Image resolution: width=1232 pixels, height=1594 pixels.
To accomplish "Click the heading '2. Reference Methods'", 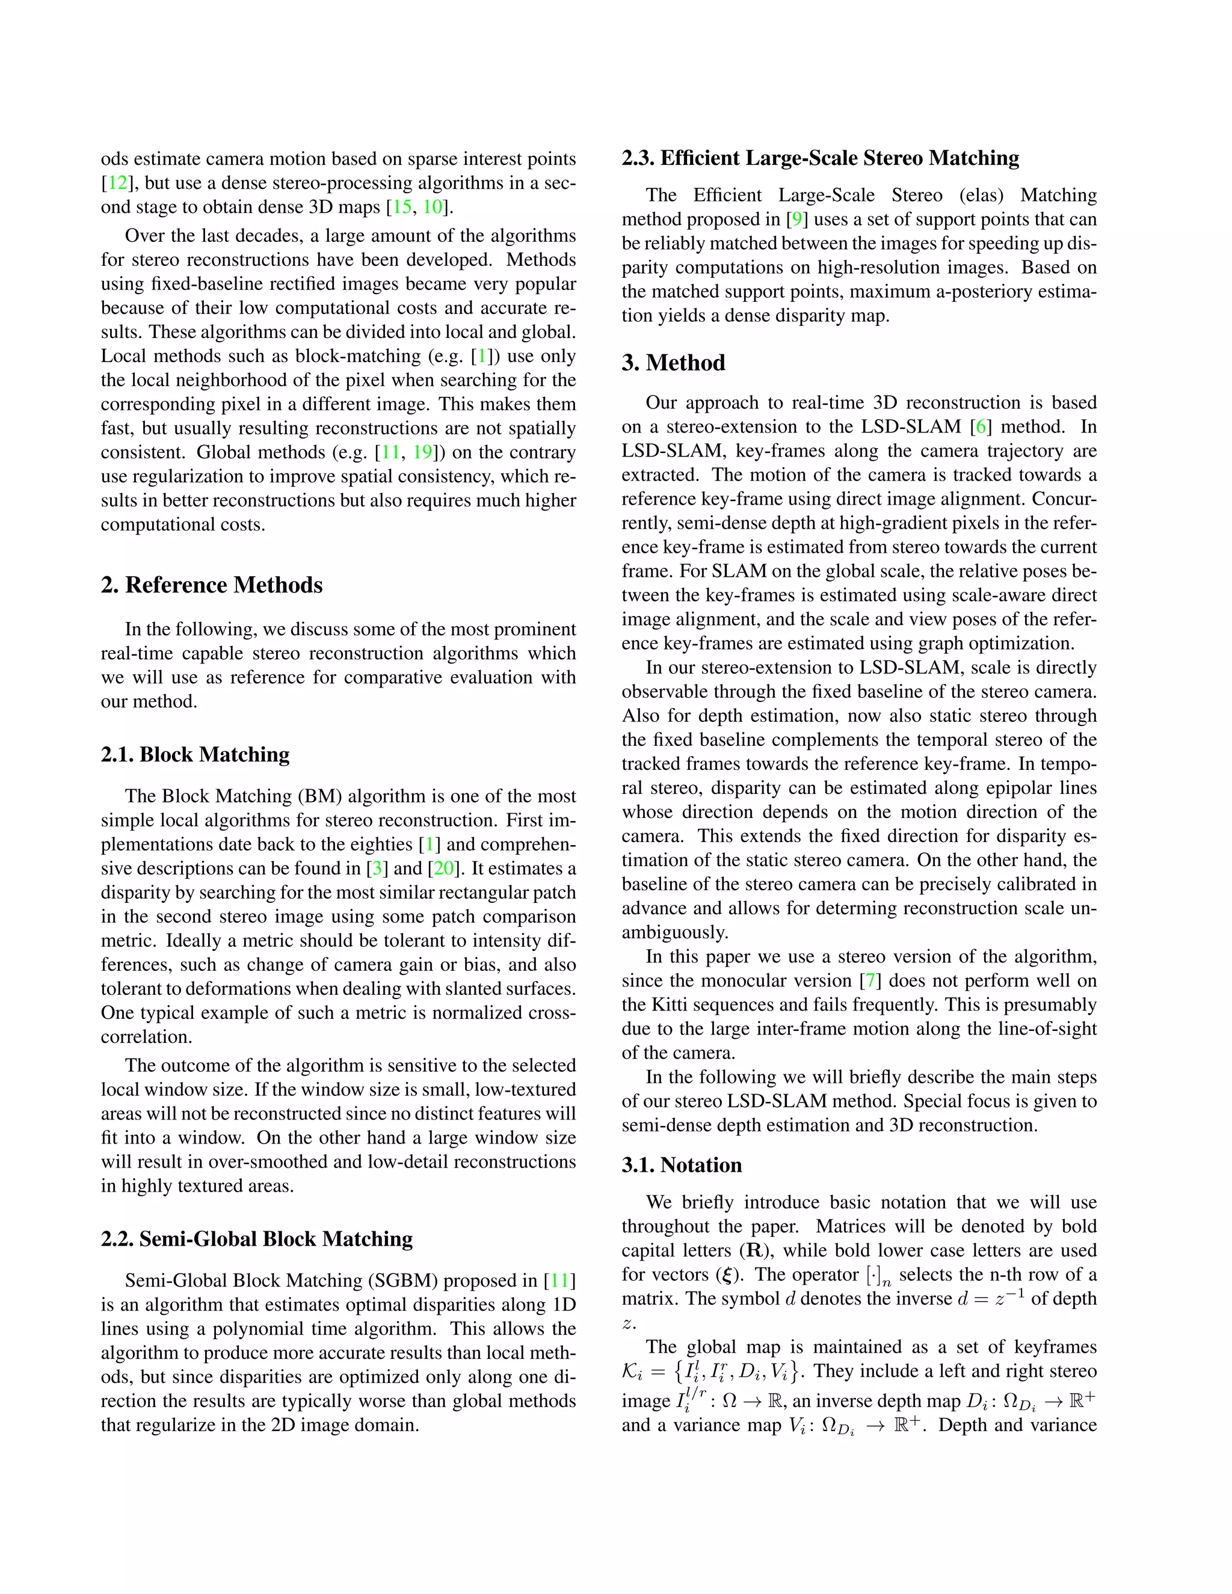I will tap(212, 585).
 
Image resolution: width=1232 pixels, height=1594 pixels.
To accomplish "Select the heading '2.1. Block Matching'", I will tap(195, 755).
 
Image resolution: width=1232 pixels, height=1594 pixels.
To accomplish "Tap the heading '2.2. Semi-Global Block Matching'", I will tap(257, 1239).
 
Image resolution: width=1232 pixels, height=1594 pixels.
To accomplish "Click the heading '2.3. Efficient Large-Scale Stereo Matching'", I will tap(821, 158).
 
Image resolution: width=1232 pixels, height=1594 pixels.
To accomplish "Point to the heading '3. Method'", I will tap(673, 363).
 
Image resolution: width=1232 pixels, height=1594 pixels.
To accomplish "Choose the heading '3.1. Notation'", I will tap(682, 1165).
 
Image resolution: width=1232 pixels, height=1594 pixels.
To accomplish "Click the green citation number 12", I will tap(117, 183).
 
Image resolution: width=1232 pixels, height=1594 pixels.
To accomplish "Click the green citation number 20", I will tap(444, 869).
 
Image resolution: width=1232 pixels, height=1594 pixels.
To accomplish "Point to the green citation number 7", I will tap(870, 981).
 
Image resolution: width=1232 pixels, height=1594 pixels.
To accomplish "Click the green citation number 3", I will tap(377, 869).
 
